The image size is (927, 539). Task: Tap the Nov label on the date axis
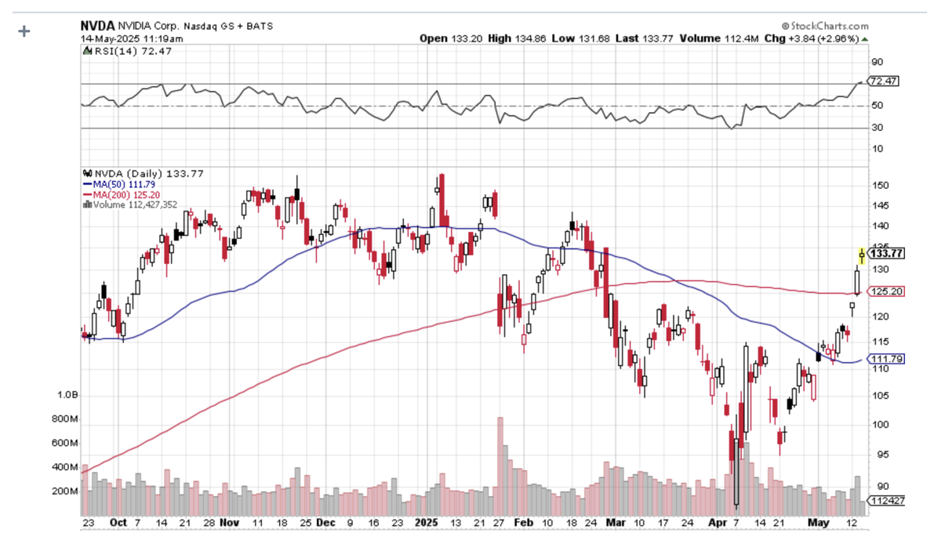[230, 521]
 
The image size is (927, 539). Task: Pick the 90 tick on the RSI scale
[876, 62]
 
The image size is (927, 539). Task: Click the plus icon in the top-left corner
[24, 31]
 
